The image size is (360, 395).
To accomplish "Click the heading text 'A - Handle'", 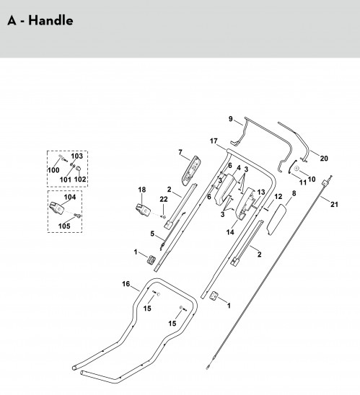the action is [40, 20].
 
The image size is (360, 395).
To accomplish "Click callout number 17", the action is [214, 141].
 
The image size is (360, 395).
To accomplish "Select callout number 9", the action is [230, 119].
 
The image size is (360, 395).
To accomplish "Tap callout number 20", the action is [324, 159].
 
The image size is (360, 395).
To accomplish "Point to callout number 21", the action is [334, 204].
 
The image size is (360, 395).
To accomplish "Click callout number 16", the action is [126, 284].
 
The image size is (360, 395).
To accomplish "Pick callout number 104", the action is [70, 197].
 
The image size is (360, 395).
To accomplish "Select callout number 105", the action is [64, 226].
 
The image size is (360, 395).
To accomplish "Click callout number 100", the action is [53, 170].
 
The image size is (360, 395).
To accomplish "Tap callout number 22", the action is [164, 199].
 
